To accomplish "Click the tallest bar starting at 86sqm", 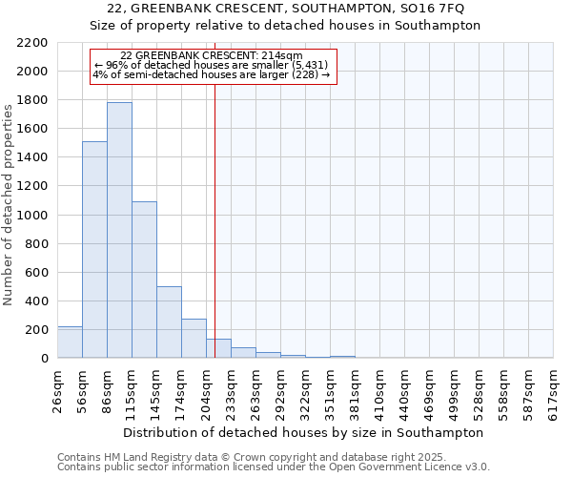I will coord(119,230).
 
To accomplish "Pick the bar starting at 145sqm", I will coord(169,322).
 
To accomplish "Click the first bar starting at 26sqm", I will coord(70,342).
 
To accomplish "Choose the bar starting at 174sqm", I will coord(194,339).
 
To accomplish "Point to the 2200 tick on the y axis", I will coord(32,43).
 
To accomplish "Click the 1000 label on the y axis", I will coord(32,216).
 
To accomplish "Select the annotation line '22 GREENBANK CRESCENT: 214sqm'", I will coord(212,55).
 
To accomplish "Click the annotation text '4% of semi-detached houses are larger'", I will coord(212,74).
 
